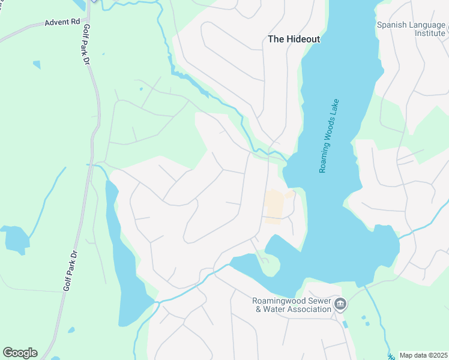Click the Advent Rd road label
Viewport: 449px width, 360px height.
pos(62,22)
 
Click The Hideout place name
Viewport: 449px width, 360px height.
pos(294,39)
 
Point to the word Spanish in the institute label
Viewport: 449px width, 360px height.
pos(393,25)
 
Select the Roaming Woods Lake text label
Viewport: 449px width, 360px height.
pos(330,136)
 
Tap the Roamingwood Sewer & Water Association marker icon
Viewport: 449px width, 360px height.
pos(340,305)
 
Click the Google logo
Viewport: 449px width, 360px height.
pos(20,352)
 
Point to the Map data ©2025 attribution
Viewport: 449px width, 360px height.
pos(423,355)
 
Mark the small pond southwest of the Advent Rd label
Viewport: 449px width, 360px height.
pos(37,64)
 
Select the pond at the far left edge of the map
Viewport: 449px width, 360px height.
pos(16,239)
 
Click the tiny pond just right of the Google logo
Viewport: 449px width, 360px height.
pos(71,330)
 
